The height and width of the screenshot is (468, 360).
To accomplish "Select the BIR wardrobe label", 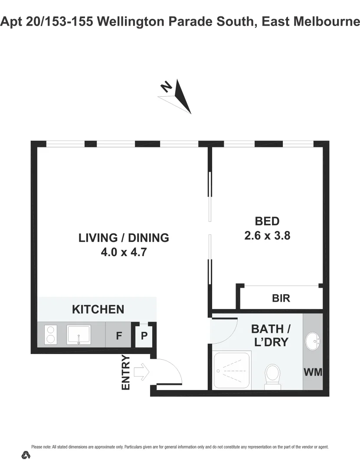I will click(x=281, y=298).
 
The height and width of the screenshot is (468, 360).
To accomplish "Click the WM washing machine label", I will click(x=313, y=372).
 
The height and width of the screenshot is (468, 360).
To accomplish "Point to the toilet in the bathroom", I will click(x=273, y=374).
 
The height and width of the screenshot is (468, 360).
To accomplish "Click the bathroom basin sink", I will click(x=312, y=341).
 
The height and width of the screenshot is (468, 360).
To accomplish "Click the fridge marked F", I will click(x=118, y=335).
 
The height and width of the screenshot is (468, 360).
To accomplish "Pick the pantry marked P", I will click(x=144, y=335).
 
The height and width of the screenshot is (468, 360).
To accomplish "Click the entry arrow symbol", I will click(x=141, y=371).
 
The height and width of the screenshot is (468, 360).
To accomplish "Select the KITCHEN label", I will click(x=98, y=309).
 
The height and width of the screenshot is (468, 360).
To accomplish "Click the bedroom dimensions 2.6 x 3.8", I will click(x=267, y=236).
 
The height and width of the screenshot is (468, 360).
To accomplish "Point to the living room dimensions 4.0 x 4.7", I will click(x=124, y=252).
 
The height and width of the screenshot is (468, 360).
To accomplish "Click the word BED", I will click(x=267, y=221).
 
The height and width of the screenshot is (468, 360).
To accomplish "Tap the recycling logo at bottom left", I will click(x=26, y=455).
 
